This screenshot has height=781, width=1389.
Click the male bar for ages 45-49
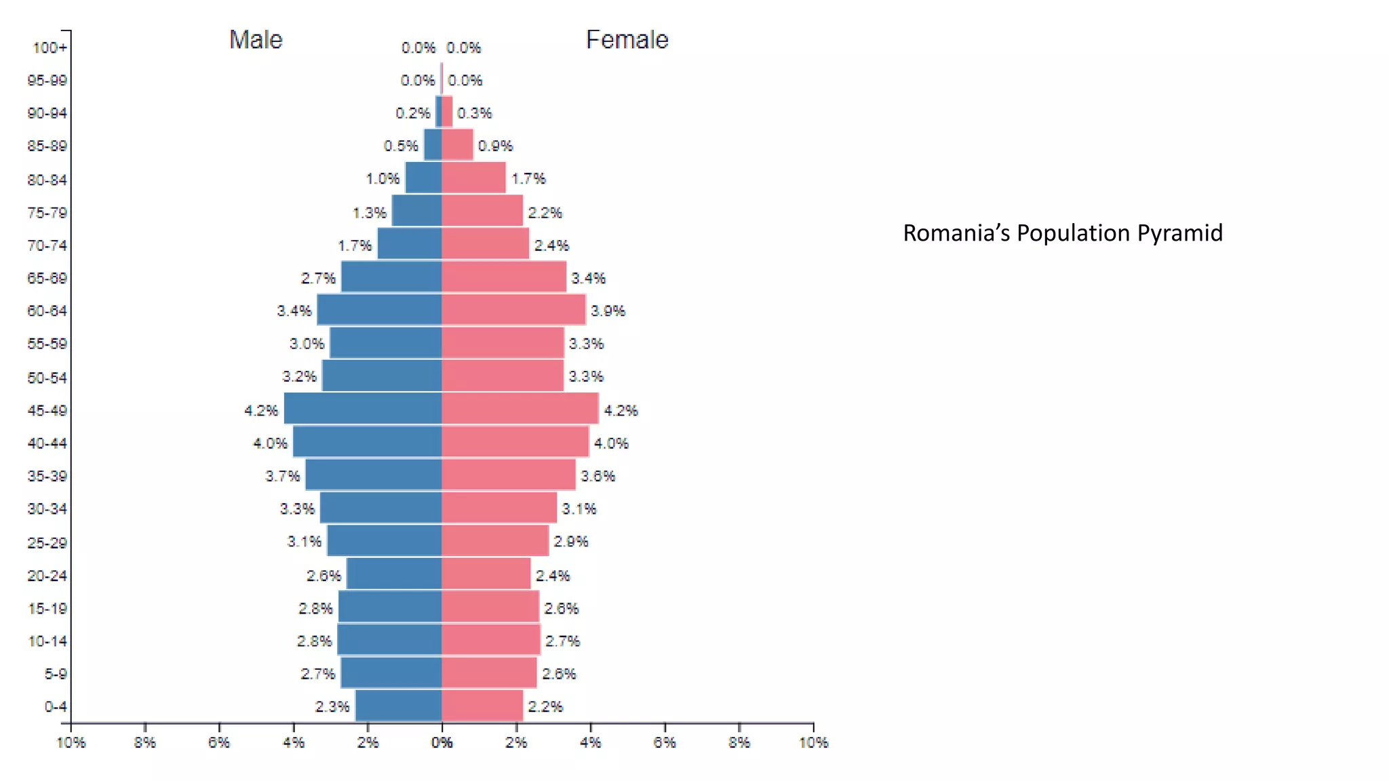[x=363, y=409]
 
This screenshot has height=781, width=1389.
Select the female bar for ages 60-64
[x=513, y=310]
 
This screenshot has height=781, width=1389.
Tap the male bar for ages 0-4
[x=399, y=706]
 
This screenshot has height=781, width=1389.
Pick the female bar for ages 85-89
[x=457, y=145]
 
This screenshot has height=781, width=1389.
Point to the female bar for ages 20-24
[x=486, y=574]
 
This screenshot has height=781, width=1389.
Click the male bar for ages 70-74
[x=410, y=244]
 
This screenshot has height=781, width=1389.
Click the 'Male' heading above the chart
[x=256, y=40]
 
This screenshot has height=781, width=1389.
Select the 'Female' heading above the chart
[x=627, y=40]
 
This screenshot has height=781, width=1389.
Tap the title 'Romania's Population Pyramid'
[x=1062, y=233]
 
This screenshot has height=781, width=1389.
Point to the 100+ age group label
[x=50, y=48]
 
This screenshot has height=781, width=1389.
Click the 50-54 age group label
[x=47, y=378]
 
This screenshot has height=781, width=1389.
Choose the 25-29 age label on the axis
[x=47, y=542]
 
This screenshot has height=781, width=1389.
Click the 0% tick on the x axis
[x=442, y=743]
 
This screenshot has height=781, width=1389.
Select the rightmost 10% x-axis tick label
[x=813, y=743]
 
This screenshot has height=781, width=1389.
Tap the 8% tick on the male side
[x=145, y=743]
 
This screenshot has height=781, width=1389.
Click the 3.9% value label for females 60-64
[x=608, y=311]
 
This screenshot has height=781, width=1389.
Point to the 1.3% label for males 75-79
[x=370, y=213]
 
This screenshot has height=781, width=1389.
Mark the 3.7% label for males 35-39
[x=282, y=476]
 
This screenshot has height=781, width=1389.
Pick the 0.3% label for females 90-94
[x=474, y=113]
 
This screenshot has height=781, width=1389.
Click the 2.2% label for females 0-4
[x=545, y=706]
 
